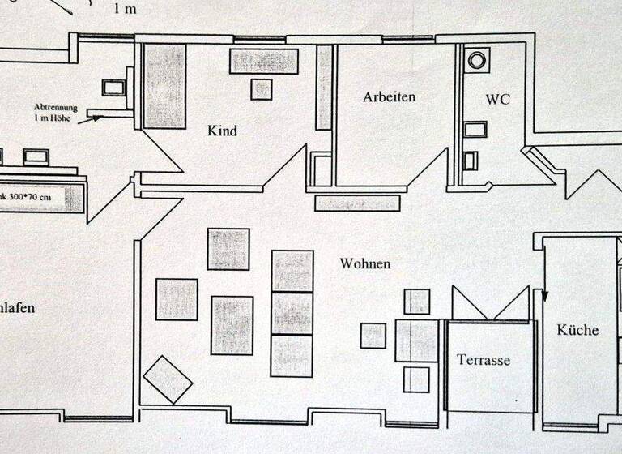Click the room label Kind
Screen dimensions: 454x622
click(x=222, y=130)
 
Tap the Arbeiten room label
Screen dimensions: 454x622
click(x=389, y=97)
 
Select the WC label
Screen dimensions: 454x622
click(x=498, y=100)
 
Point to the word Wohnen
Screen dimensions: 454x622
click(x=365, y=263)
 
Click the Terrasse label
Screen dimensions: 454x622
click(x=484, y=360)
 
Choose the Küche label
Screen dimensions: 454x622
click(x=577, y=330)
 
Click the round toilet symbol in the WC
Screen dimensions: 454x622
click(x=478, y=59)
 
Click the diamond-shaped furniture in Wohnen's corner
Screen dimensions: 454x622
click(x=167, y=379)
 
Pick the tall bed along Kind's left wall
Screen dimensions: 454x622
click(x=164, y=86)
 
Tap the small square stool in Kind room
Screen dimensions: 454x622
click(x=261, y=89)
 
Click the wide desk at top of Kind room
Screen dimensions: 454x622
click(x=264, y=61)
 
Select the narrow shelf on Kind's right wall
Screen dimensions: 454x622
click(x=324, y=87)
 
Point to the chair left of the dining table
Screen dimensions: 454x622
click(x=373, y=336)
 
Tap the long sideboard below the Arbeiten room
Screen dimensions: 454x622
click(x=357, y=203)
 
